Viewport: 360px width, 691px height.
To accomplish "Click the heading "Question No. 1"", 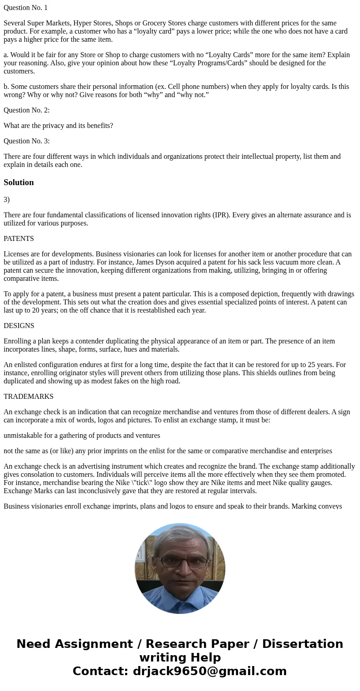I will (25, 8).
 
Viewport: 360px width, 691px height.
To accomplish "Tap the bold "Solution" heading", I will (19, 182).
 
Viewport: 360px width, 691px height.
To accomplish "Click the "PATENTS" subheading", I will (19, 239).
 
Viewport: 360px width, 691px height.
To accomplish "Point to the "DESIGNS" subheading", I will (19, 326).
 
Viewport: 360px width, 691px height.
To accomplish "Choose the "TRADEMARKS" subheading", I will (29, 397).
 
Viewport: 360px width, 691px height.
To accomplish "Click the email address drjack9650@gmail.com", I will (209, 671).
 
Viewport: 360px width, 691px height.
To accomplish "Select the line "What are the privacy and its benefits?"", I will (58, 126).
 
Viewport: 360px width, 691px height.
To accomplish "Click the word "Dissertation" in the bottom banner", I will (302, 644).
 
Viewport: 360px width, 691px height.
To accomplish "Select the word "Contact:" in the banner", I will (100, 671).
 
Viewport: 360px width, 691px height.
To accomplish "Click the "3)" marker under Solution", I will (6, 200).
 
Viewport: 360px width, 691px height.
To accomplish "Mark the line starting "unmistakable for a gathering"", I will (82, 436).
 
